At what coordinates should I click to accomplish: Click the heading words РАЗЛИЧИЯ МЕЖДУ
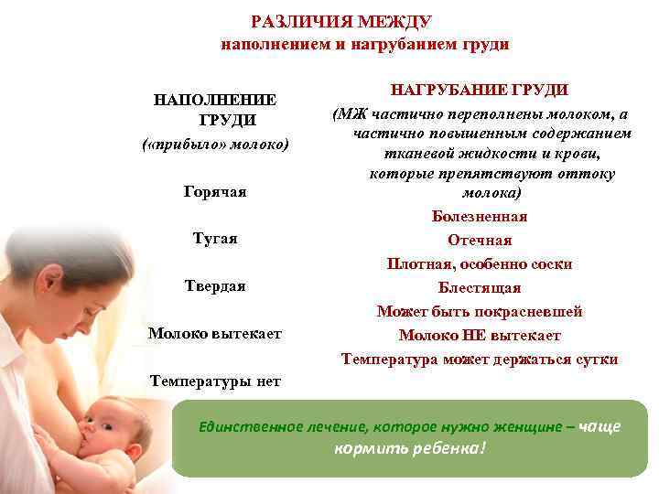(x=341, y=21)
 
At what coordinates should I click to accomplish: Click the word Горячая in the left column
(x=215, y=192)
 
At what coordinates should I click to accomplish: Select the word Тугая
(x=215, y=239)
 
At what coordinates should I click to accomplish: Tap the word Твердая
(x=215, y=286)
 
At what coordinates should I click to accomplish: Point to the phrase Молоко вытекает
(x=215, y=334)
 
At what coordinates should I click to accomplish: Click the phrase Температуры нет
(x=215, y=381)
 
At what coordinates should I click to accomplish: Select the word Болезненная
(x=480, y=217)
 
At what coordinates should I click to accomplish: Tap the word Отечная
(x=480, y=241)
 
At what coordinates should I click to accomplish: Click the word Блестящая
(x=480, y=288)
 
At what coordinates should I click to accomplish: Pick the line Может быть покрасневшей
(x=480, y=312)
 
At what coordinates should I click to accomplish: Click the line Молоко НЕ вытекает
(x=480, y=336)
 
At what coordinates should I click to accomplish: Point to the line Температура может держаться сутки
(x=480, y=360)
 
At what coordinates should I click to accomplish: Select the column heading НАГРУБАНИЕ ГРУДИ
(x=480, y=90)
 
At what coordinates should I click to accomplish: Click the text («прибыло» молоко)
(x=215, y=145)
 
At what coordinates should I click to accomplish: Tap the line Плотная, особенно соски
(x=480, y=264)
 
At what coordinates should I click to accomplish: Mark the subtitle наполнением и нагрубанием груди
(x=364, y=44)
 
